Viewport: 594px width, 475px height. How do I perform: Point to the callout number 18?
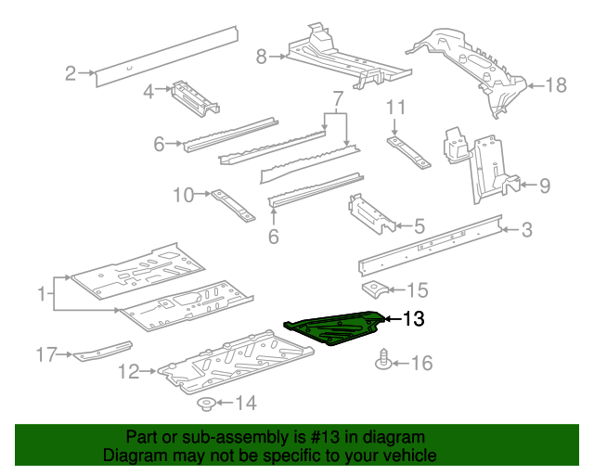click(555, 86)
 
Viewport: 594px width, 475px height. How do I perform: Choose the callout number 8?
click(261, 57)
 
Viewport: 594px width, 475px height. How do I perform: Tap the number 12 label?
click(129, 372)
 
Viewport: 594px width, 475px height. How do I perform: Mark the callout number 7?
click(338, 98)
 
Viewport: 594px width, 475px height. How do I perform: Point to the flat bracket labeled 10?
click(231, 205)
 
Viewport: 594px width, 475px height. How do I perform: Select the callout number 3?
click(526, 230)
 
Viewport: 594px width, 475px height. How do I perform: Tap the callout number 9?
click(544, 186)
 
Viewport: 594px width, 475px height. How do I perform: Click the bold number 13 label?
click(413, 320)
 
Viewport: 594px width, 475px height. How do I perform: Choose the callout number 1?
click(41, 295)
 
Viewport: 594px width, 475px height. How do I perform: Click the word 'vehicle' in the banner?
click(407, 456)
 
